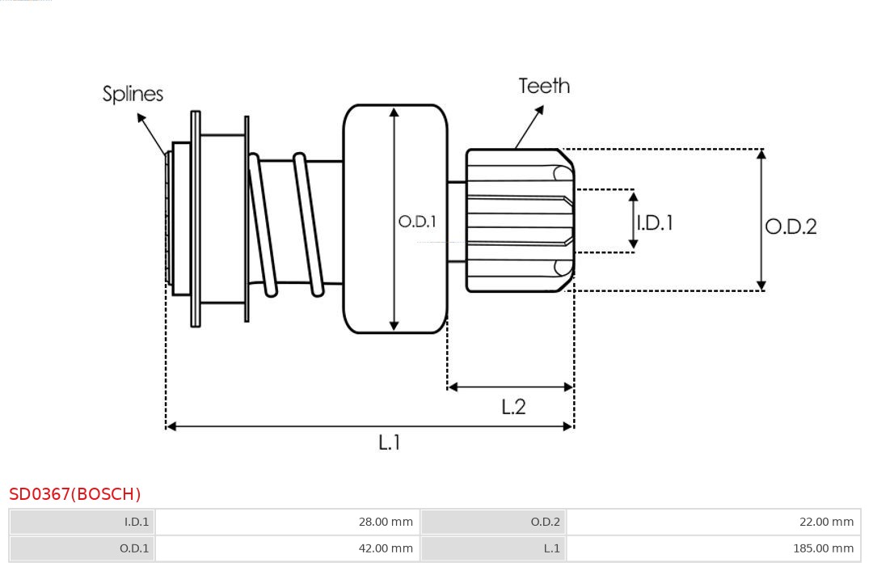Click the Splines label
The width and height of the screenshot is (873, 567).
tap(133, 94)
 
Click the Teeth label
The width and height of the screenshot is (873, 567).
tap(544, 86)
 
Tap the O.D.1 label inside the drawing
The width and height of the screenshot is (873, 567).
tap(417, 221)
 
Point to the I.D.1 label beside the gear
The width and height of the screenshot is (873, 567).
tap(654, 222)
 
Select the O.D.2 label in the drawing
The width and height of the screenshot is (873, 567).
tap(791, 226)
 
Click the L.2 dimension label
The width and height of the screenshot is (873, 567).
tap(513, 407)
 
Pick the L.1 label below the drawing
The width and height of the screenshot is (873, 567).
tap(390, 442)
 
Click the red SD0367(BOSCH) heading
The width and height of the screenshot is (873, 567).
tap(75, 494)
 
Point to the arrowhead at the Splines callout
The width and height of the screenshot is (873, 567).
tap(141, 118)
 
